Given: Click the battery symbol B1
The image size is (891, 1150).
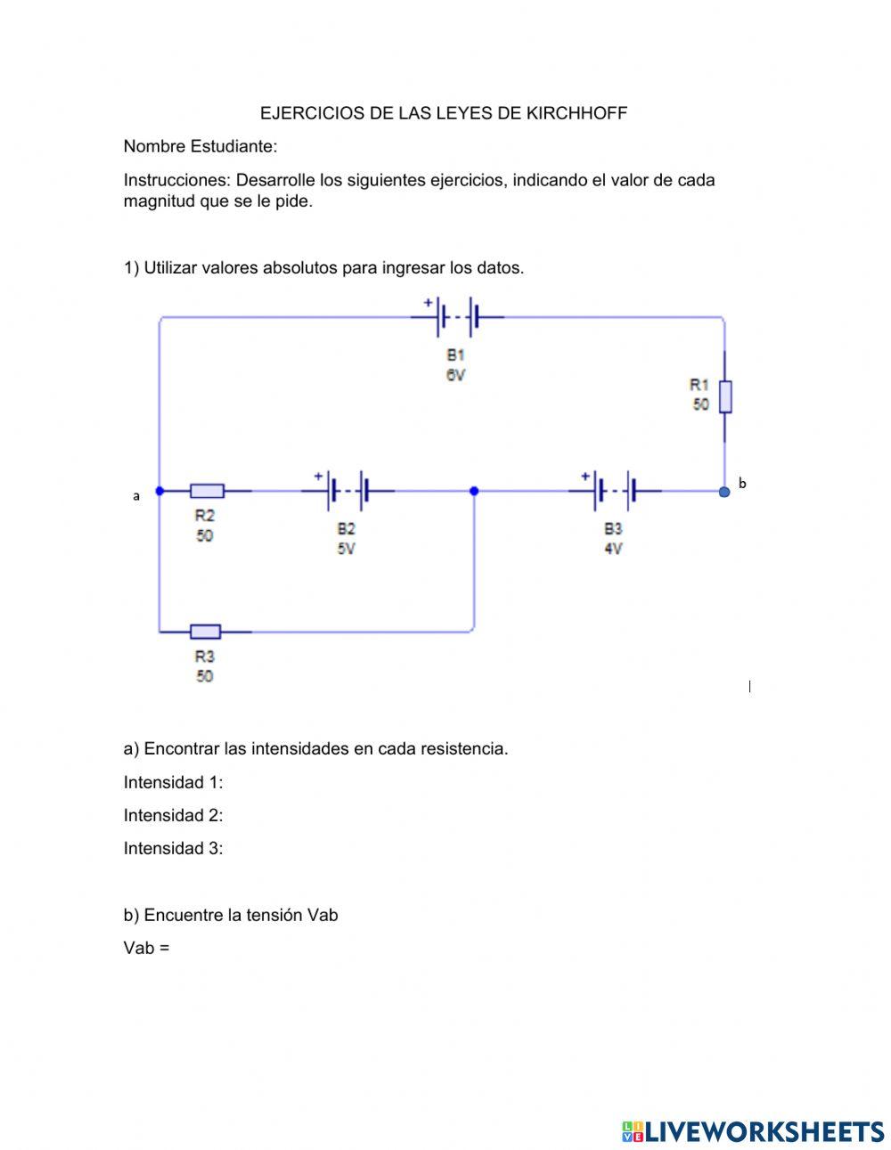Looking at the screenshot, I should point(456,317).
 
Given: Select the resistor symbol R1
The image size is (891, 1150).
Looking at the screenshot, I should point(725,396).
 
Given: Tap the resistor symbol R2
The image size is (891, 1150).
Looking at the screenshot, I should point(207,491).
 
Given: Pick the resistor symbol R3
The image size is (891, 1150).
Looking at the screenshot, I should point(206,632).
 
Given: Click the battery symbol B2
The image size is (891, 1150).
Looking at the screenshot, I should point(347,490).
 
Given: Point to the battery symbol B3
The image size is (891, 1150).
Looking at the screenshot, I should point(615,490).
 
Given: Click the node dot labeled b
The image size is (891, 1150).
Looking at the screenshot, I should point(724,491).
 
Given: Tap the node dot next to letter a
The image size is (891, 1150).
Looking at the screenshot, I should point(159,491).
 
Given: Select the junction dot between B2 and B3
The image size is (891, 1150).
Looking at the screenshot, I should point(474,491).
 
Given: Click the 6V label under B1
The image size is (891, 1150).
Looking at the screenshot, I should point(455,375).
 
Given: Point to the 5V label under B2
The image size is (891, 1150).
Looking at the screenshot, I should point(346,549).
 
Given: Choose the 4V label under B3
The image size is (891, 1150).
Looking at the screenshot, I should point(613,549).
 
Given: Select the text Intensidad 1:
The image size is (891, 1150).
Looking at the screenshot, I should point(173,782).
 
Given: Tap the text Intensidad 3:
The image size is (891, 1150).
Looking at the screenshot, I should point(173,848).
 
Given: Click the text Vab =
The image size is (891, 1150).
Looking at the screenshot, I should point(146,948).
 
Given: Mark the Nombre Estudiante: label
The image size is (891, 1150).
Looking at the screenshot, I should point(200,146).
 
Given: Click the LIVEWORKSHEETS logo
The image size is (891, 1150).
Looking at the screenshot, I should point(753,1131).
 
